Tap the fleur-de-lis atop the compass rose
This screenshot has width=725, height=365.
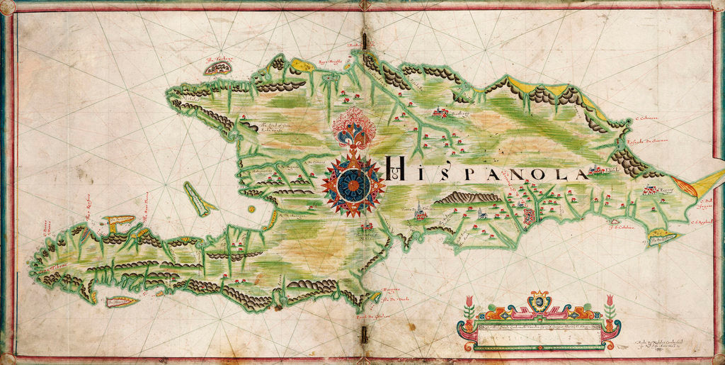tap(353, 128)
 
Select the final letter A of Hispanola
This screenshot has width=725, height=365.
tap(581, 174)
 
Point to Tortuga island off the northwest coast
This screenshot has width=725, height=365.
tap(218, 68)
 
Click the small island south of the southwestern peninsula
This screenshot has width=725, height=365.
tap(121, 301)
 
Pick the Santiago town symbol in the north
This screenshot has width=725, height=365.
tap(440, 112)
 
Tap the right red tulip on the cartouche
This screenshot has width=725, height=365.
tap(610, 303)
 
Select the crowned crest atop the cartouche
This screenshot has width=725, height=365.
tap(539, 301)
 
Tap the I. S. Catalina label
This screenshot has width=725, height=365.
tap(620, 227)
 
